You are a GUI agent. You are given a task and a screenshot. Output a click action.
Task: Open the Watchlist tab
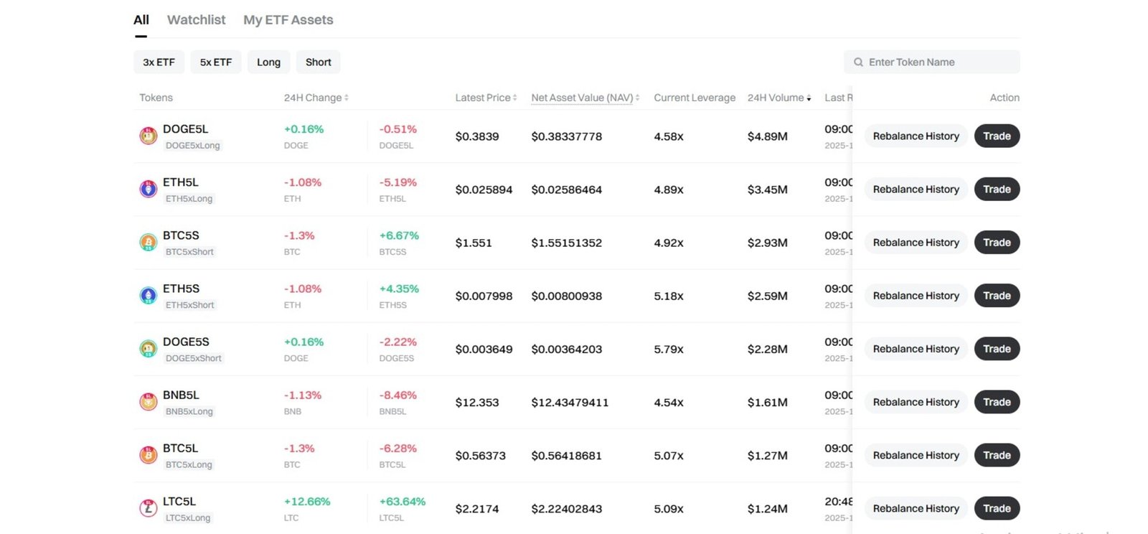pyautogui.click(x=196, y=20)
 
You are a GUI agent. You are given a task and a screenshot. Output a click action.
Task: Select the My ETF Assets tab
pyautogui.click(x=288, y=20)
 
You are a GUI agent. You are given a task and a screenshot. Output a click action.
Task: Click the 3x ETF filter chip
pyautogui.click(x=159, y=62)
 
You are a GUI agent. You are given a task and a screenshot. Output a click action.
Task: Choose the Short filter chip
pyautogui.click(x=318, y=62)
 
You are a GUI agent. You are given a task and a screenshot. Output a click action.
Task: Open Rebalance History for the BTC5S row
pyautogui.click(x=916, y=243)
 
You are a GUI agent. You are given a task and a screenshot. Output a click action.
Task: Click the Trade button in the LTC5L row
pyautogui.click(x=997, y=508)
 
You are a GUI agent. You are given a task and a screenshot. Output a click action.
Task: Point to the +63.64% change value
pyautogui.click(x=402, y=502)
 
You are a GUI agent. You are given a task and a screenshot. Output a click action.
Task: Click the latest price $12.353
pyautogui.click(x=476, y=403)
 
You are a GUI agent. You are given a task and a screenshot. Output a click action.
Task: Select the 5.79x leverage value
pyautogui.click(x=668, y=350)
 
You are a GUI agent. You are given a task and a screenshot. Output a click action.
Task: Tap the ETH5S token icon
pyautogui.click(x=148, y=295)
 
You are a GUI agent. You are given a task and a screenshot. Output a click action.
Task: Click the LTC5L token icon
pyautogui.click(x=148, y=508)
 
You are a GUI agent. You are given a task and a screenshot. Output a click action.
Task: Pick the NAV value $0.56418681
pyautogui.click(x=566, y=456)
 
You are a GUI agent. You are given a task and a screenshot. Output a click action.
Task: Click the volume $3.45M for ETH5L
pyautogui.click(x=767, y=190)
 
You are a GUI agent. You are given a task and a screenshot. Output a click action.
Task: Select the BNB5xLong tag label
pyautogui.click(x=189, y=411)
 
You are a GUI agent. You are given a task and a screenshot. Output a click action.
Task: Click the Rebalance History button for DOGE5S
pyautogui.click(x=916, y=349)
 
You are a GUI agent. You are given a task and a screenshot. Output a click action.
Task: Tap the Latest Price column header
pyautogui.click(x=485, y=98)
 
